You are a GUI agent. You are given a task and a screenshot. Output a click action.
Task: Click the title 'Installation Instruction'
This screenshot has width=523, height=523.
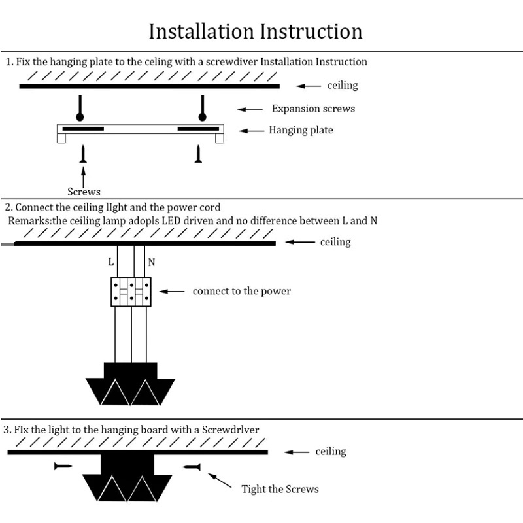point(256,31)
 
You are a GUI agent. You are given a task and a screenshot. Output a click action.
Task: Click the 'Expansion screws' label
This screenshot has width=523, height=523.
point(313,109)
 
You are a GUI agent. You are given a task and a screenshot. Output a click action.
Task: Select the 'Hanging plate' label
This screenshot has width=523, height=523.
point(301,130)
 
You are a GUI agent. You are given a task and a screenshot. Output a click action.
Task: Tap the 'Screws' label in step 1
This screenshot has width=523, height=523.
point(84,192)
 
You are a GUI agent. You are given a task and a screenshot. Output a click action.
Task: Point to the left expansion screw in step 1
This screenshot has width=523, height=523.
point(80,109)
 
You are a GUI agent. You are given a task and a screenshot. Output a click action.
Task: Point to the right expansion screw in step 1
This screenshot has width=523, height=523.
point(202,109)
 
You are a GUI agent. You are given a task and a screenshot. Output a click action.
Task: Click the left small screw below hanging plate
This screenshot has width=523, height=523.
point(83,154)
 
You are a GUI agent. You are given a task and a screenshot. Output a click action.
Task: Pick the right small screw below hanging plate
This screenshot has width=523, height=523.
point(199,154)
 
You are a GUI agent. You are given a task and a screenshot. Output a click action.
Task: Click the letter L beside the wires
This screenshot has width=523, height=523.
point(111,262)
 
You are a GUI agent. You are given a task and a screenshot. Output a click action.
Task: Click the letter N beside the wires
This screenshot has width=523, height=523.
point(152,262)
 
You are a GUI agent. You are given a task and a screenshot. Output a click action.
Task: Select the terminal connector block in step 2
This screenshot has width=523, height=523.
point(131,291)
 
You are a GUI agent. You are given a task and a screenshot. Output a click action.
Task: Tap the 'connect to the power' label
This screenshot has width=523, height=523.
point(241,291)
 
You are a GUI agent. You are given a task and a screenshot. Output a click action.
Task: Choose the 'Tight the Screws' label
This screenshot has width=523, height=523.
point(280,489)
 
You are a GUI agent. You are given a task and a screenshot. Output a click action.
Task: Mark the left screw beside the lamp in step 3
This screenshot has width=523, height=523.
point(63,466)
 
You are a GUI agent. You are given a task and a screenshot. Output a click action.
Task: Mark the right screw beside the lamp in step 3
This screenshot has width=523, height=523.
point(192,466)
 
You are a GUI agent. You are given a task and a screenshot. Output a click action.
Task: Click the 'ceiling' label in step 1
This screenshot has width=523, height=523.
point(343,86)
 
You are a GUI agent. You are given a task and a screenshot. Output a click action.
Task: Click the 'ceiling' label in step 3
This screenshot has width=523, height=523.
point(331,452)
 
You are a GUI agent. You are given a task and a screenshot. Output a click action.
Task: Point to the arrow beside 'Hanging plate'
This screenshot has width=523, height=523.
point(252,131)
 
